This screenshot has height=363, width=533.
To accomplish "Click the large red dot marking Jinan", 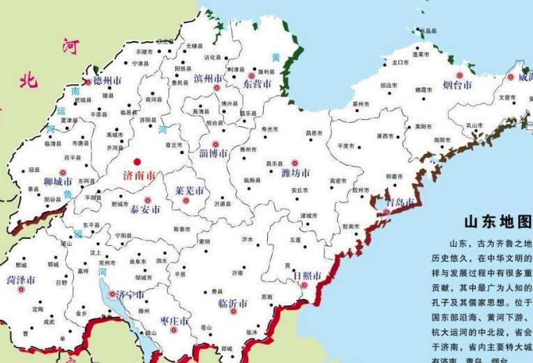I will coord(137,160).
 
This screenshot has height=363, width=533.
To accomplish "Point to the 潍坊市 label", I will coord(295,173).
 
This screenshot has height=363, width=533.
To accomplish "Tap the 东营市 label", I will coord(257,84).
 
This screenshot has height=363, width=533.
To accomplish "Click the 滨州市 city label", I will coord(209,77).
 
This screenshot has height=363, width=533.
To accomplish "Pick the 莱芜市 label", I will coord(190,190).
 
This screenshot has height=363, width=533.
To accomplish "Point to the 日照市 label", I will coord(307,277).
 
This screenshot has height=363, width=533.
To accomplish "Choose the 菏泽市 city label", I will coord(21,279).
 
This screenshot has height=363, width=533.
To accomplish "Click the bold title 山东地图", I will coord(497,222).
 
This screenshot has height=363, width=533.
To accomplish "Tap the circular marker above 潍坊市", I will coord(294,162).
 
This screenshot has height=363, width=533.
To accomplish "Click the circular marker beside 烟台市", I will coord(458,75).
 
